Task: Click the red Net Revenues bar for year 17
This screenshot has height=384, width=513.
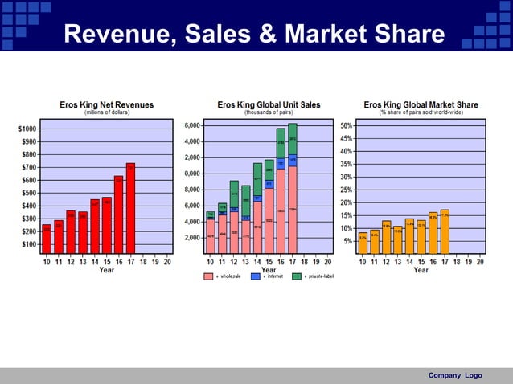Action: (x=130, y=208)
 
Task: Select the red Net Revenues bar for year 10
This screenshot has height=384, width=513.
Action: (x=47, y=239)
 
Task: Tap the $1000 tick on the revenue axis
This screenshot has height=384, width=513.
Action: (x=27, y=129)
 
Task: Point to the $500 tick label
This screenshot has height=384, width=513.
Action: (x=28, y=193)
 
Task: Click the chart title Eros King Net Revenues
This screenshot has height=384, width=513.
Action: (x=107, y=104)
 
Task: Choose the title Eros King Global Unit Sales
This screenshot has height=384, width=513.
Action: (x=269, y=104)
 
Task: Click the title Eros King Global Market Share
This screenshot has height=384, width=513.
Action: (x=421, y=104)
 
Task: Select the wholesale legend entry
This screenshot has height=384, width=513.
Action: (x=219, y=276)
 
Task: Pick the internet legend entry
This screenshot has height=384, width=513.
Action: (x=265, y=276)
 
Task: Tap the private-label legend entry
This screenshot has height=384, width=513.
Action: (x=312, y=276)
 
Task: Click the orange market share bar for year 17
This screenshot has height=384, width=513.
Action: (x=445, y=231)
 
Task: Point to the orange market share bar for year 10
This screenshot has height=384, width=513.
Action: (x=363, y=243)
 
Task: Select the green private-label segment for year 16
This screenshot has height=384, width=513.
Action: (x=281, y=142)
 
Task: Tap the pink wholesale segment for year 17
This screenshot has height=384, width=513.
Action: (x=293, y=210)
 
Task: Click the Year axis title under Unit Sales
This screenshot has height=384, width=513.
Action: (x=269, y=270)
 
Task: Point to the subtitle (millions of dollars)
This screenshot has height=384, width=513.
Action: (x=107, y=112)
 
